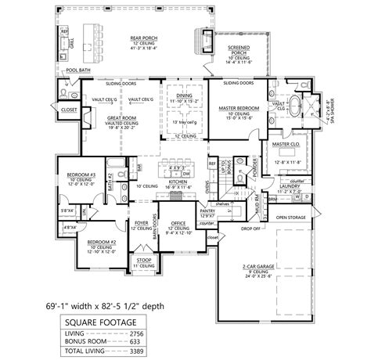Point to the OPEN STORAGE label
click(291, 217)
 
